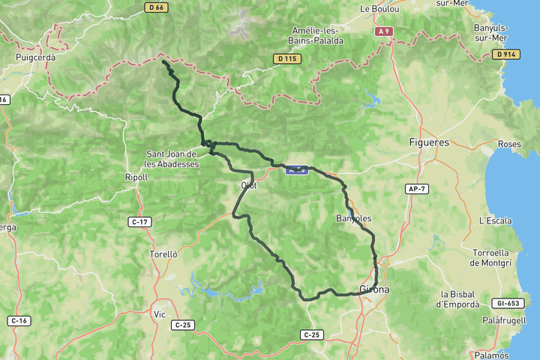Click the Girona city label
coord(375,289)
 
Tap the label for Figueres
coord(430,142)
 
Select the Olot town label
coord(249,185)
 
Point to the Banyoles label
coord(354,218)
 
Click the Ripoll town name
coord(136,177)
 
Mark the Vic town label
coord(159,313)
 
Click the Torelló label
coord(163,254)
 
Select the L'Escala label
coord(495,220)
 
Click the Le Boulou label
coord(379,9)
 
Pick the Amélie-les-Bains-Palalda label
coord(317,35)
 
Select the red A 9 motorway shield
coord(384,31)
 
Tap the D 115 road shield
coord(287,58)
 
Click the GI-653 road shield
coord(508,304)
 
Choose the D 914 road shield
coord(507,54)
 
